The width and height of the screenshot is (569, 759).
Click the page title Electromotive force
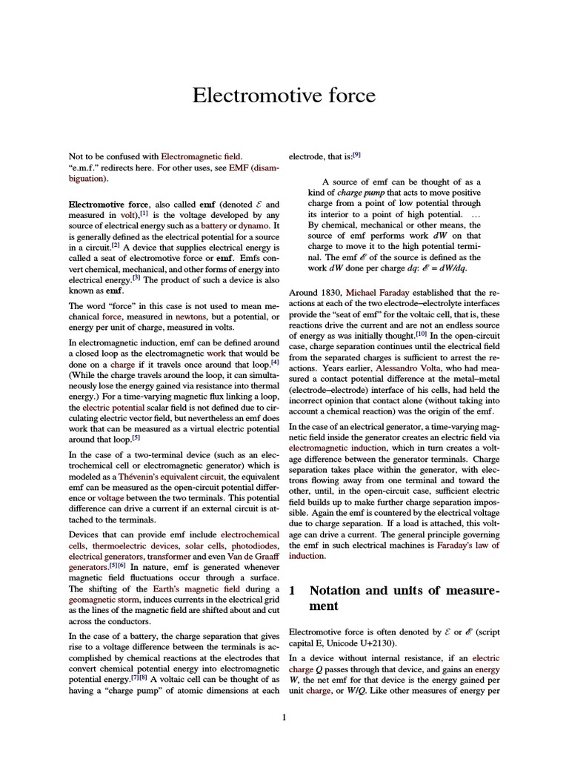pos(284,96)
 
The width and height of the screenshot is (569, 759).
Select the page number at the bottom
pos(284,717)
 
